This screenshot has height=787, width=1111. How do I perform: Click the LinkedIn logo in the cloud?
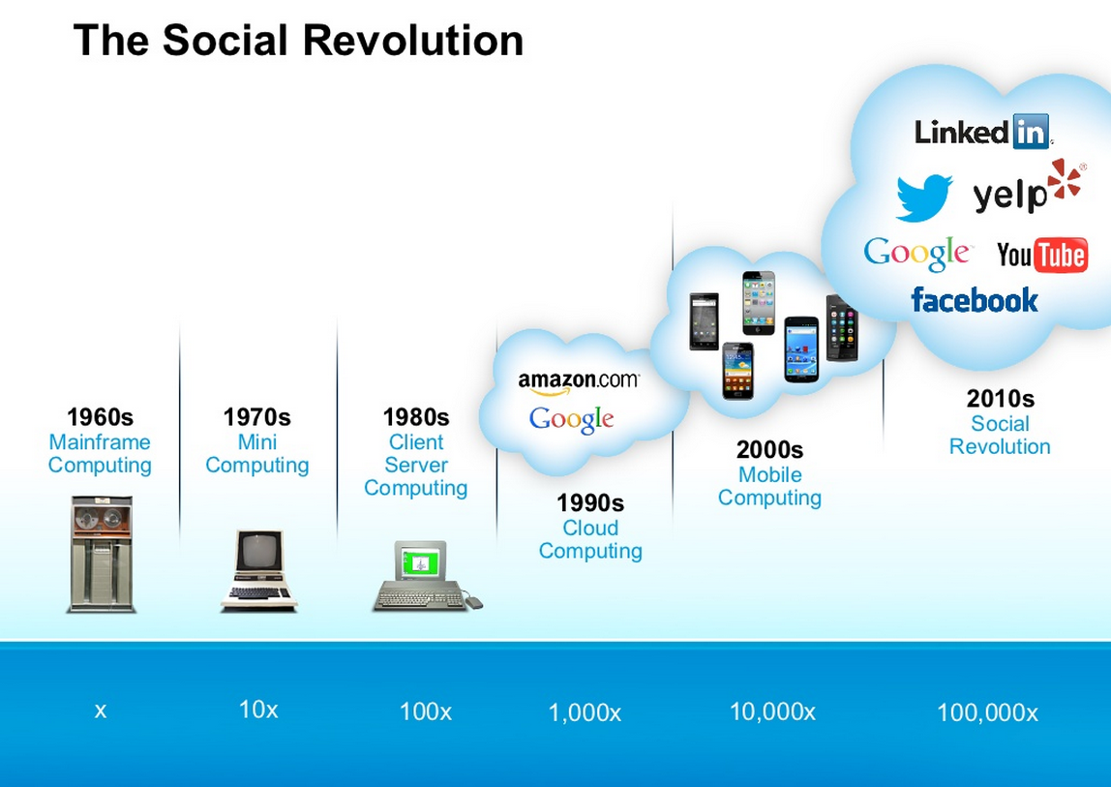point(982,132)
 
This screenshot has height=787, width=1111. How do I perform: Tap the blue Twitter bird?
point(924,197)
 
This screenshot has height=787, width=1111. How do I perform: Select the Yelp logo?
point(1029,187)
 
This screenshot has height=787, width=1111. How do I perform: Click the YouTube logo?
point(1041,255)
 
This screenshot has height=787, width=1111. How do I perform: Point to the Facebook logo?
point(975,301)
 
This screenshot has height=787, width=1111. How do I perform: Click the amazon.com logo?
point(579,382)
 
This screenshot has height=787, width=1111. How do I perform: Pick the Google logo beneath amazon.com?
point(571,420)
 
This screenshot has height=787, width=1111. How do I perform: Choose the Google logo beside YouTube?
point(916,253)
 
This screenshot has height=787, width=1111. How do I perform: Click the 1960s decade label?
point(100,417)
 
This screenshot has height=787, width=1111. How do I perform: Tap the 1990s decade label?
point(590,502)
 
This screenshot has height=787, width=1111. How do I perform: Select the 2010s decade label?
point(1001,399)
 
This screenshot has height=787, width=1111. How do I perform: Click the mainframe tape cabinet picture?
point(102,554)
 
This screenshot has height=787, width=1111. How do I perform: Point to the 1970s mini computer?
point(258,570)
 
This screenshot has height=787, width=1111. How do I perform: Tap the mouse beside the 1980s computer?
point(474,603)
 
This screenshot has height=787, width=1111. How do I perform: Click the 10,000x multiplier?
point(772,711)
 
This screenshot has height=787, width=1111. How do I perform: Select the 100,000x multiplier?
point(987,711)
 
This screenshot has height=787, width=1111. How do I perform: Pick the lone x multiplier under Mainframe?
point(101,711)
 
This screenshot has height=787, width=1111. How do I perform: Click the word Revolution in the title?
point(414,40)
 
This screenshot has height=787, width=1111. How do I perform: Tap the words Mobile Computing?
point(769,486)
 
